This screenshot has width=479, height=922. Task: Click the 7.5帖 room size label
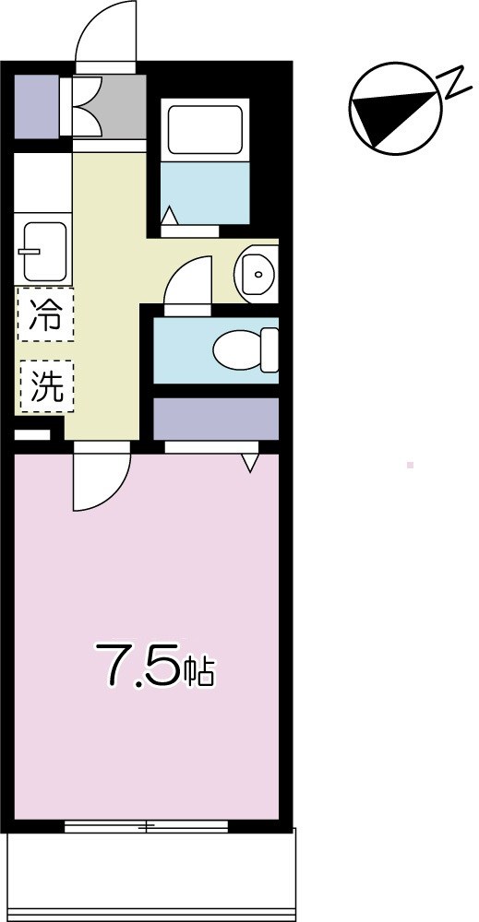[x=155, y=668]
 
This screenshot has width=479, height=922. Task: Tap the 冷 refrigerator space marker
[x=45, y=314]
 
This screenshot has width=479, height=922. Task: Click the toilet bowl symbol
[x=245, y=349]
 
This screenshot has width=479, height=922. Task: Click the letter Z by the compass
[x=455, y=85]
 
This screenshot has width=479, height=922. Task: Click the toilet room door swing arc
[x=188, y=281]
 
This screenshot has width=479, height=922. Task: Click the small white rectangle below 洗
[x=33, y=434]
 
